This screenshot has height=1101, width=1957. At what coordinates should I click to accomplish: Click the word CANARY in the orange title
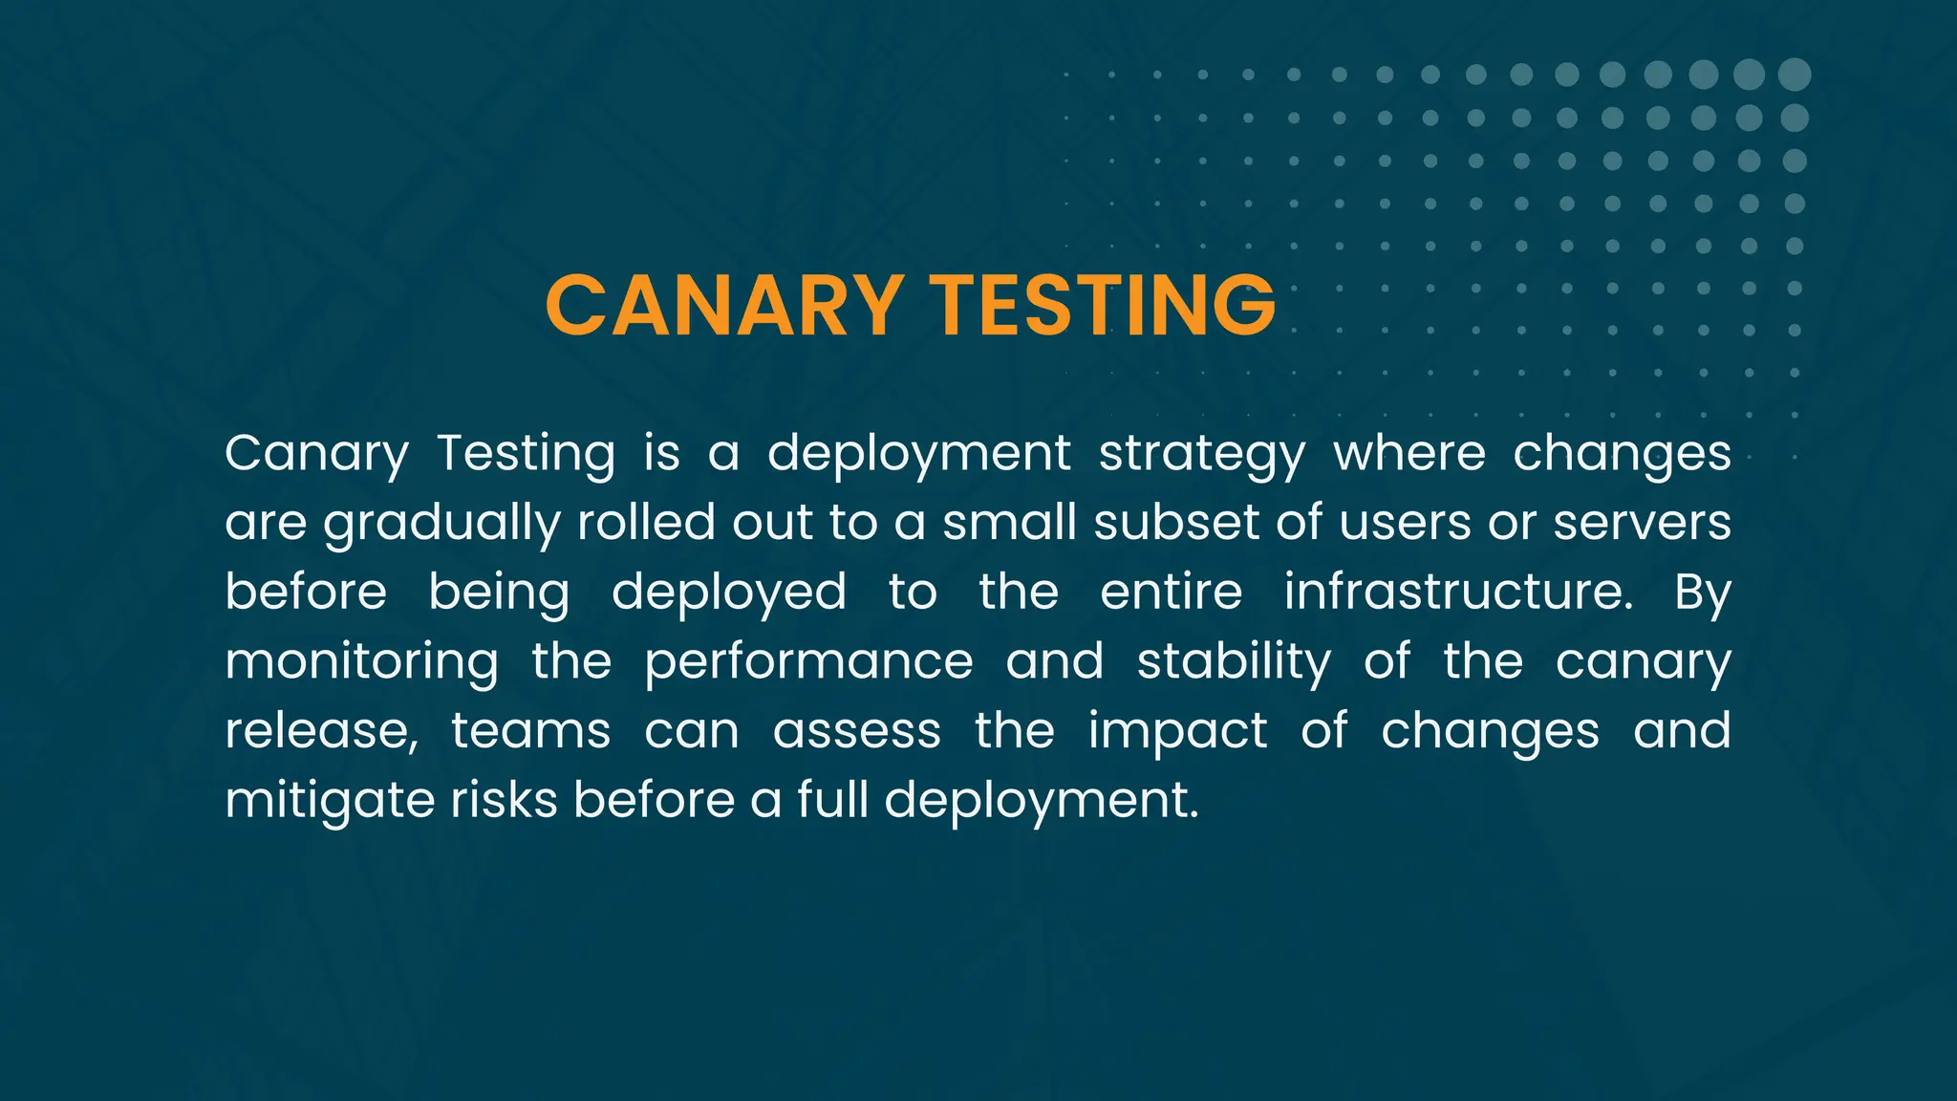[x=723, y=306]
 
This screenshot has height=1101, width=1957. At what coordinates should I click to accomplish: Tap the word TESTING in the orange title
[x=1103, y=306]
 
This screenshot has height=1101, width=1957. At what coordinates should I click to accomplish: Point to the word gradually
[x=441, y=524]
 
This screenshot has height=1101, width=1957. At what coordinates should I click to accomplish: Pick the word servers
[x=1642, y=523]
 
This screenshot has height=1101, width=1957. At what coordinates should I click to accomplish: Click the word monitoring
[x=361, y=662]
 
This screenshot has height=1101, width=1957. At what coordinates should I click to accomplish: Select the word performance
[x=808, y=662]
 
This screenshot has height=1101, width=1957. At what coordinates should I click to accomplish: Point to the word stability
[x=1233, y=662]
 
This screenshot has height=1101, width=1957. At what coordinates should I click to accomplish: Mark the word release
[x=321, y=731]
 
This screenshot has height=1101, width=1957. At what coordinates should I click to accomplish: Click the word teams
[x=530, y=731]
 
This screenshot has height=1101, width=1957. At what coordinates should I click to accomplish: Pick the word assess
[x=856, y=731]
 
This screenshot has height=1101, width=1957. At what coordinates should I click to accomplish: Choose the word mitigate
[x=330, y=801]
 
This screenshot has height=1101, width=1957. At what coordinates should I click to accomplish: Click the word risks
[x=504, y=800]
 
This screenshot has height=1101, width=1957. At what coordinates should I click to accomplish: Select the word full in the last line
[x=832, y=800]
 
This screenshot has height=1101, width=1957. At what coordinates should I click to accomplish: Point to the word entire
[x=1171, y=592]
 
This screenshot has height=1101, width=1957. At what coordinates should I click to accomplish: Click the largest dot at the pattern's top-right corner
[x=1795, y=75]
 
